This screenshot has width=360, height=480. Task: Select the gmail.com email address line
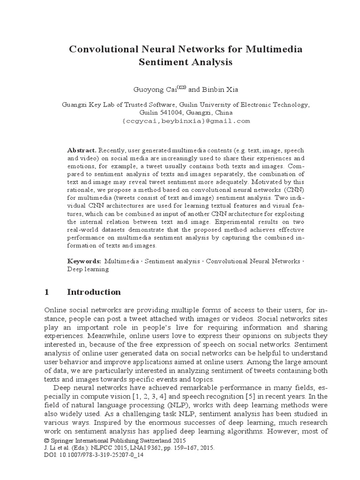tap(186, 121)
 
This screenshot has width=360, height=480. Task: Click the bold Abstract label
tap(82, 150)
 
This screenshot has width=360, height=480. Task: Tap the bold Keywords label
tap(83, 260)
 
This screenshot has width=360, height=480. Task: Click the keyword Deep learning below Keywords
tap(88, 269)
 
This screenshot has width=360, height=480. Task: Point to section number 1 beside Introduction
tap(46, 292)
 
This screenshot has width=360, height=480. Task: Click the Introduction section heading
tap(94, 292)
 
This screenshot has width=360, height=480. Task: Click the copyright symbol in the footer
tap(45, 441)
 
